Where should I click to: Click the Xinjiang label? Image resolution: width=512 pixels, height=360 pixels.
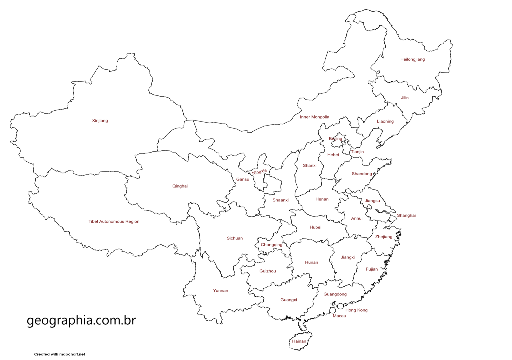100,121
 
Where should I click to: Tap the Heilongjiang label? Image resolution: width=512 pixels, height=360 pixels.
412,59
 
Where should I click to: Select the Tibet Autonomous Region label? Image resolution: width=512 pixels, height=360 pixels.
114,221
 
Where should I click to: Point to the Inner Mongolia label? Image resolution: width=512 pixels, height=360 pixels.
314,117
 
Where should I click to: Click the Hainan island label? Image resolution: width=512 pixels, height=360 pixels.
299,341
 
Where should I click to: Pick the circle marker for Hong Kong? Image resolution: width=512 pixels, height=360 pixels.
340,306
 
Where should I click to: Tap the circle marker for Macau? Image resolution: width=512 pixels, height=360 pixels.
332,310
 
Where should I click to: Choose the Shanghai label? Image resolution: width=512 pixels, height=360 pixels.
406,215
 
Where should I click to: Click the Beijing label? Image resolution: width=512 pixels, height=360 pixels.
335,139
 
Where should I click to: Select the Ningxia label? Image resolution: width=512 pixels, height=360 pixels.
259,172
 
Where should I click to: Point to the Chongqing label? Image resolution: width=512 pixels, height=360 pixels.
271,245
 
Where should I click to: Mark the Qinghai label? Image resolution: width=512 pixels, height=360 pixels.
180,186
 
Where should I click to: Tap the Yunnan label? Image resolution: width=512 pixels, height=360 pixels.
221,291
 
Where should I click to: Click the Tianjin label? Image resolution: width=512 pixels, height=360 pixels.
357,152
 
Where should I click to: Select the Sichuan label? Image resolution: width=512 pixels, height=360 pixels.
235,238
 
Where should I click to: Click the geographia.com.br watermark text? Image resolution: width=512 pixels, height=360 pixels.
81,320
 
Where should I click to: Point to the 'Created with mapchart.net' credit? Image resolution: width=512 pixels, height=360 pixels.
59,354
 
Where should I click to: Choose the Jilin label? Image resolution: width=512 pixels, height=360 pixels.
405,98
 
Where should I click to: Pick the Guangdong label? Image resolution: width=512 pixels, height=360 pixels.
335,294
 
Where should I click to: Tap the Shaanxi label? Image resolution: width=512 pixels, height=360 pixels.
281,200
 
